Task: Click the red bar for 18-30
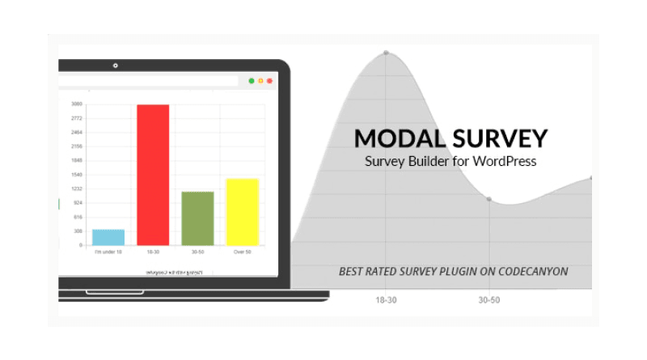[x=152, y=174]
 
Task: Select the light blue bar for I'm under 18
[x=108, y=237]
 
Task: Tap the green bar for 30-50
[x=197, y=218]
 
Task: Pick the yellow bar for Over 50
[x=242, y=211]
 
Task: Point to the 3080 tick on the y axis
[x=77, y=104]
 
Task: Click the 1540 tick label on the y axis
[x=77, y=175]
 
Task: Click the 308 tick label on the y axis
[x=78, y=231]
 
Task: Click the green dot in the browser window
[x=252, y=81]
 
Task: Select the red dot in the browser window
[x=269, y=81]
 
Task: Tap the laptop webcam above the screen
[x=116, y=66]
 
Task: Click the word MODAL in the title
[x=401, y=138]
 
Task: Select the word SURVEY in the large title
[x=501, y=138]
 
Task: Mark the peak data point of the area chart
[x=386, y=53]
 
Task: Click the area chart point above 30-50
[x=488, y=198]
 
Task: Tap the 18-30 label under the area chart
[x=386, y=299]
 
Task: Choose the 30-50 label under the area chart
[x=488, y=299]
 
